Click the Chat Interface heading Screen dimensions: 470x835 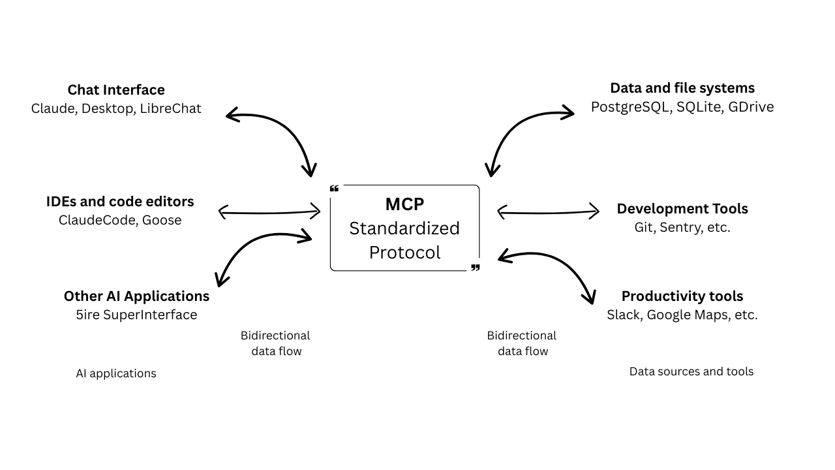116,89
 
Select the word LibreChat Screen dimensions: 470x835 170,108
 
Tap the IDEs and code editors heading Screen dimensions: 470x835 120,201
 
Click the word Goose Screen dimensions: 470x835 162,220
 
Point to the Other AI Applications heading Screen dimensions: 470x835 136,296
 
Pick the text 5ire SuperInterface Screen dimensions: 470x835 136,315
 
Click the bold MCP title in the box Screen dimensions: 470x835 404,204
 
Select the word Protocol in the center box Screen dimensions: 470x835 404,252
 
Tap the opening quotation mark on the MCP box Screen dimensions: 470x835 335,189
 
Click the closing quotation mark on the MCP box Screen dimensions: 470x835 475,268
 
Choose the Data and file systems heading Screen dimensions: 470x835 682,87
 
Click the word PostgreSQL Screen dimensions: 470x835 630,107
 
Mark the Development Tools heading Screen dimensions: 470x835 682,208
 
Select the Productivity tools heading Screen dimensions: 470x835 682,296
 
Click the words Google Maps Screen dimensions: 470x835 682,315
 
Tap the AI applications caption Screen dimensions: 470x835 116,373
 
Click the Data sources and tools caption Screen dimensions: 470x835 691,371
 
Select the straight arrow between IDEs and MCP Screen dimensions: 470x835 269,212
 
